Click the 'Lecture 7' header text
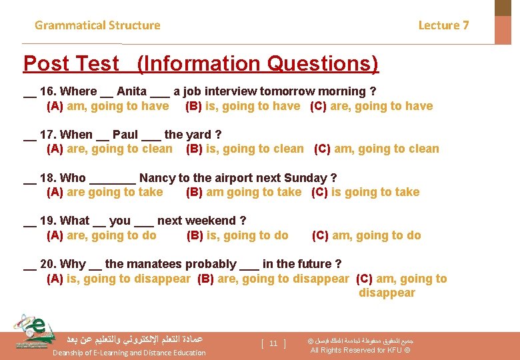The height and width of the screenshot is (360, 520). [x=443, y=25]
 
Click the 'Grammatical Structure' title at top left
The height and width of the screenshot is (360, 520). [x=97, y=25]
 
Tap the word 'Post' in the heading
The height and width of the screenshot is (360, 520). [x=47, y=64]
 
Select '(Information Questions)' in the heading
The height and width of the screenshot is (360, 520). [x=257, y=64]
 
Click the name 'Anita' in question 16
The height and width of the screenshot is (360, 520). [x=131, y=91]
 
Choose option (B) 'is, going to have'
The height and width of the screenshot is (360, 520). [x=243, y=106]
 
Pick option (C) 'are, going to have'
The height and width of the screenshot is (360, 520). [x=371, y=106]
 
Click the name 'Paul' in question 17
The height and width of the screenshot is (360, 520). [x=125, y=135]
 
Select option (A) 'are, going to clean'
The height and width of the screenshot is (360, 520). [x=109, y=149]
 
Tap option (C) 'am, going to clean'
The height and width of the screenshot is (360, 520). [x=377, y=149]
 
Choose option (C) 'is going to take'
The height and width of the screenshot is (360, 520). [x=365, y=192]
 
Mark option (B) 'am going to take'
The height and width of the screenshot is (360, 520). [x=244, y=192]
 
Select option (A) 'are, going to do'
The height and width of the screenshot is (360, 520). [x=101, y=235]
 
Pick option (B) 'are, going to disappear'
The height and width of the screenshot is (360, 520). [x=273, y=279]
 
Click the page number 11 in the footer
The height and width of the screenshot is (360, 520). [x=273, y=343]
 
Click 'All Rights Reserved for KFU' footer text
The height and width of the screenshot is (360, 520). [x=360, y=350]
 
